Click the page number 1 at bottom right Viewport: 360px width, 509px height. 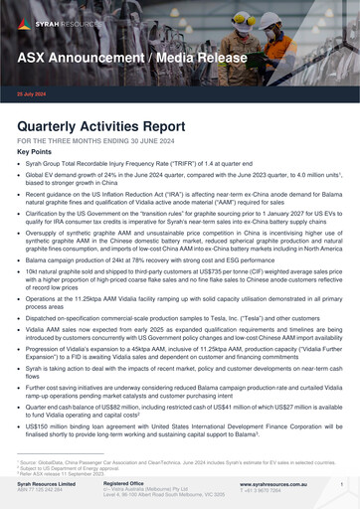tap(342, 484)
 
